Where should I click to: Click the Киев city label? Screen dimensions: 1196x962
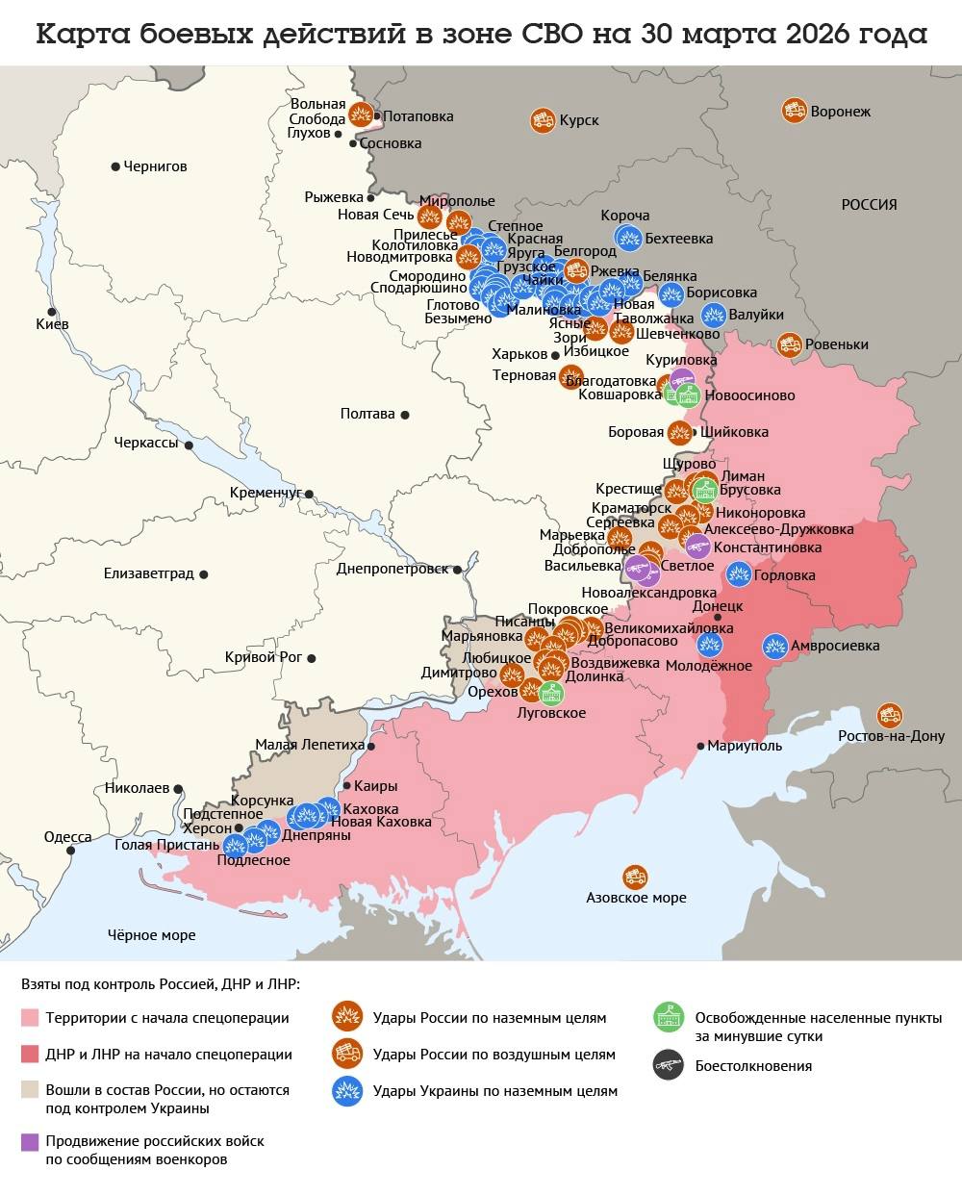tap(52, 324)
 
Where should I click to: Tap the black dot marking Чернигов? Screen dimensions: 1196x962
tap(115, 166)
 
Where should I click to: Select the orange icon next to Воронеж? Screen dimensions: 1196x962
tap(795, 111)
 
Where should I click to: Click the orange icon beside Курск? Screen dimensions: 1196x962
tap(542, 120)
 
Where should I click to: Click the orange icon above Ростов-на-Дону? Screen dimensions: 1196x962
tap(890, 715)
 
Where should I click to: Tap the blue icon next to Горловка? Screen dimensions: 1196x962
tap(739, 574)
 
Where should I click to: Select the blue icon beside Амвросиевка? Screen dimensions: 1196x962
tap(775, 646)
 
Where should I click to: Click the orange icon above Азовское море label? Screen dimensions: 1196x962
tap(635, 877)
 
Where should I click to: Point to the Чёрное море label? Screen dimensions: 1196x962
tap(151, 934)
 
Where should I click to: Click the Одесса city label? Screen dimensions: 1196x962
tap(68, 837)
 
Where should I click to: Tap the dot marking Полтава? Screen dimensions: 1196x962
tap(405, 415)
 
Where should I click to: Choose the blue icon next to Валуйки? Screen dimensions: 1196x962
tap(714, 315)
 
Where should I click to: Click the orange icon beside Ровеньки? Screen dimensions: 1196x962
tap(790, 344)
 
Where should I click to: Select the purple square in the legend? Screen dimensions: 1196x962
tap(30, 1142)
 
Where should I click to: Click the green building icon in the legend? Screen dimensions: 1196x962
tap(668, 1017)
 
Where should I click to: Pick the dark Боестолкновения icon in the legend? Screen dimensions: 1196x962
tap(668, 1065)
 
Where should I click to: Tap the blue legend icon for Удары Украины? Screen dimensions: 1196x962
tap(345, 1090)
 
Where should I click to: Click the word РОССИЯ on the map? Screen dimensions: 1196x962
tap(869, 204)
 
